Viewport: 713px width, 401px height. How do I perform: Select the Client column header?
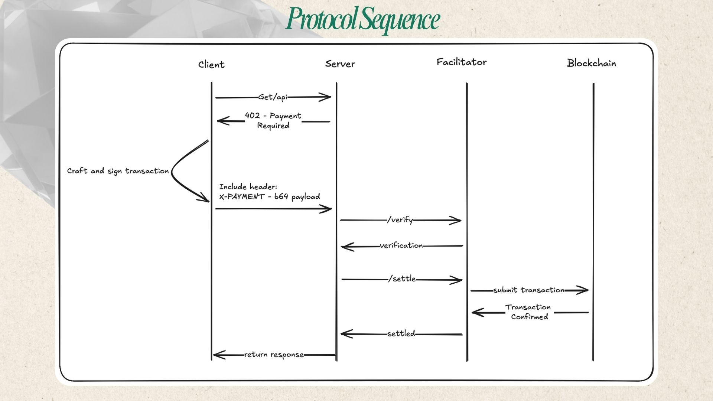click(211, 65)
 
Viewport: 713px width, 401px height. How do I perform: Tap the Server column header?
click(340, 64)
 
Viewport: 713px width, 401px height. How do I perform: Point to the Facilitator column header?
click(461, 62)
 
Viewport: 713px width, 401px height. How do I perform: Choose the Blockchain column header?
click(591, 63)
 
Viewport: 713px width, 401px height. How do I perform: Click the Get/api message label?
click(273, 97)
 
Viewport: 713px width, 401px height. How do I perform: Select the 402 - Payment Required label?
click(273, 121)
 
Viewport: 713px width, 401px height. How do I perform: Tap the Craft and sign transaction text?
click(118, 171)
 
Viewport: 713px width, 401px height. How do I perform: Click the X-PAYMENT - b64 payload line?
click(269, 197)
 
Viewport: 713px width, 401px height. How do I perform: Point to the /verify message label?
click(400, 220)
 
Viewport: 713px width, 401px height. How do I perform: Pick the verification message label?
click(401, 245)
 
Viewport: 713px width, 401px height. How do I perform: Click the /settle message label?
click(402, 279)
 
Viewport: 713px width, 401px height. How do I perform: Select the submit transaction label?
click(529, 290)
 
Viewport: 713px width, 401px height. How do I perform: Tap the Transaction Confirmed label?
click(528, 312)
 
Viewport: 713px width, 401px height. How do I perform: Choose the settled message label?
click(401, 333)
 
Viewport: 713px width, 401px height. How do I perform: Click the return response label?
click(274, 355)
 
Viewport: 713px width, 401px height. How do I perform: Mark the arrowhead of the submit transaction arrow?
click(585, 290)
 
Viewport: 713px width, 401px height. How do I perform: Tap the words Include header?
click(248, 187)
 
